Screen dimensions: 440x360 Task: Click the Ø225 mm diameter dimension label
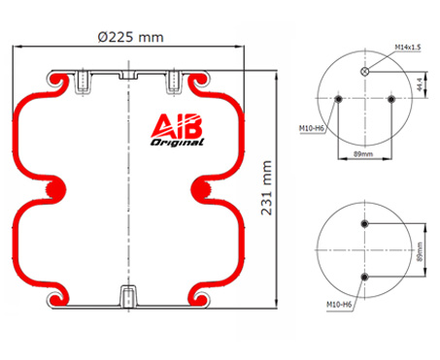click(130, 37)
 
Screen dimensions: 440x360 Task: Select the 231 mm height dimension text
click(266, 188)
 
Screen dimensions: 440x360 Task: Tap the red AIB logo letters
click(177, 125)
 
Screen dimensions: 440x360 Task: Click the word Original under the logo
click(177, 143)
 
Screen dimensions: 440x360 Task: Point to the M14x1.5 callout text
click(408, 48)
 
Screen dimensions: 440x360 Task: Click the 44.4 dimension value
click(420, 84)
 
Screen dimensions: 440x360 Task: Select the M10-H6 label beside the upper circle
click(311, 128)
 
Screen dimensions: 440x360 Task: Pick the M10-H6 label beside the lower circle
click(339, 305)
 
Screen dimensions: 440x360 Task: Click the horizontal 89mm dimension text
click(363, 154)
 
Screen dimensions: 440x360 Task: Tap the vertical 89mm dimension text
click(420, 252)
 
